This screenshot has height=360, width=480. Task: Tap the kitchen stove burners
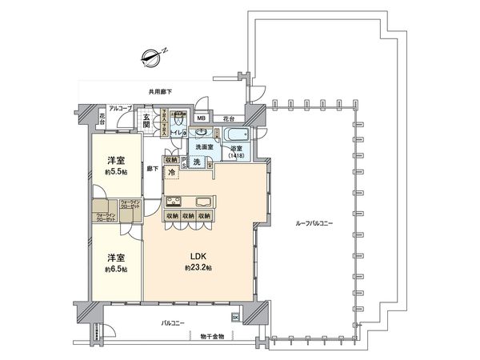point(174,201)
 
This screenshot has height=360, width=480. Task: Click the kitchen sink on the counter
point(202,201)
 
